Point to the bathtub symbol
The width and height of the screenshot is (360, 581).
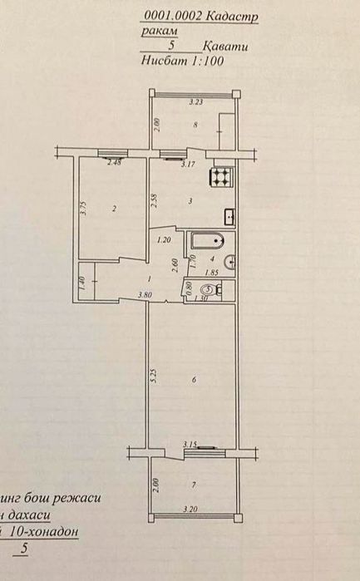[205, 242]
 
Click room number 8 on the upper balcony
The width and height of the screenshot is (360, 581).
[195, 126]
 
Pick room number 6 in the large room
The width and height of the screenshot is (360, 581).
[193, 380]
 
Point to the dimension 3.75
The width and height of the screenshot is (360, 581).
[83, 209]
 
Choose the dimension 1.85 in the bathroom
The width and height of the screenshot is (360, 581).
[211, 273]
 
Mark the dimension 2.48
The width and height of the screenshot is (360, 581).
[115, 162]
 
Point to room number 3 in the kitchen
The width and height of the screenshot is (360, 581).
[191, 200]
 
